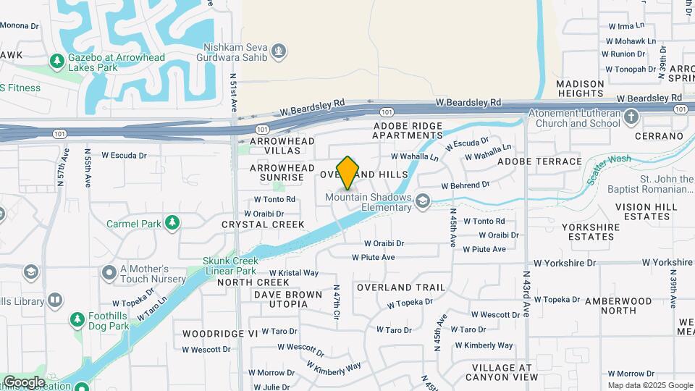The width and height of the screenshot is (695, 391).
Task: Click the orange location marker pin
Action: (x=348, y=172)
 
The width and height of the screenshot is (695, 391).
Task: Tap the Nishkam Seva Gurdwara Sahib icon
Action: (x=279, y=51)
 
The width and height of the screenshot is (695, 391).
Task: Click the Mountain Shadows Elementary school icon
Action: (x=424, y=203)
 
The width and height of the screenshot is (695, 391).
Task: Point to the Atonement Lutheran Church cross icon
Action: (x=632, y=117)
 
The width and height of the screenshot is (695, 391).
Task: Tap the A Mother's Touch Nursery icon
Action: (x=109, y=273)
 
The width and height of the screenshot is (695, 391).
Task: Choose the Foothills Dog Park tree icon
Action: (x=77, y=319)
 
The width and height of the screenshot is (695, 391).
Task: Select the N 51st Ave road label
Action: (x=234, y=91)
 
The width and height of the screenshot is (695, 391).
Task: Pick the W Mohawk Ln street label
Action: (x=628, y=41)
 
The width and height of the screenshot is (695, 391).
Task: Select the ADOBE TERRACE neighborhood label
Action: (x=539, y=161)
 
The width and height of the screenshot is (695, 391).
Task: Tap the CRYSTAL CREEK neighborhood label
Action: (x=264, y=224)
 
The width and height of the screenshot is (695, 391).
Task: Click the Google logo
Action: (x=23, y=382)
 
